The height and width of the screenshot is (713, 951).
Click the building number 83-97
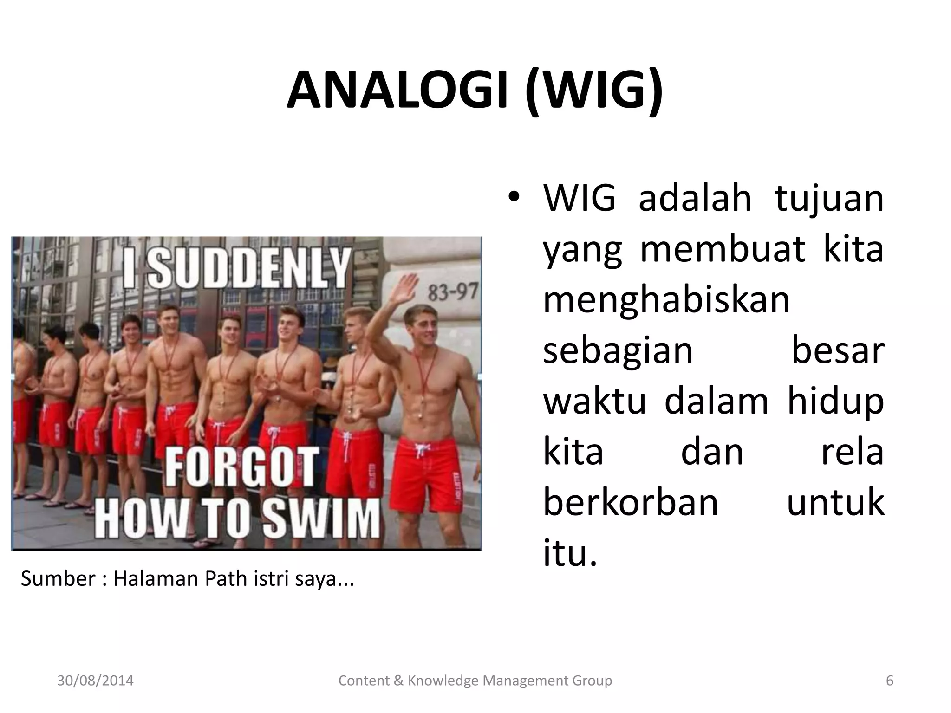click(452, 292)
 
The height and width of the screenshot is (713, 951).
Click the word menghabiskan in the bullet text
click(666, 300)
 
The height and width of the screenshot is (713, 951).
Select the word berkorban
click(631, 502)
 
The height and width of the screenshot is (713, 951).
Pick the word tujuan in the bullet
click(829, 199)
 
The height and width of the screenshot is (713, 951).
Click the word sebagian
click(618, 351)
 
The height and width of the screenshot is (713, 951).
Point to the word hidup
click(835, 402)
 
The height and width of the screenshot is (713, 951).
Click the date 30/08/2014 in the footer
click(95, 681)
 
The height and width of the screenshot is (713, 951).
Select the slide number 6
click(890, 681)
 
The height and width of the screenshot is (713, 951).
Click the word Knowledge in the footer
click(443, 681)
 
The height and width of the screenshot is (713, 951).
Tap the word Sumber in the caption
click(58, 579)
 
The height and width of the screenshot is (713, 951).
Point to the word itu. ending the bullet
click(569, 553)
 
